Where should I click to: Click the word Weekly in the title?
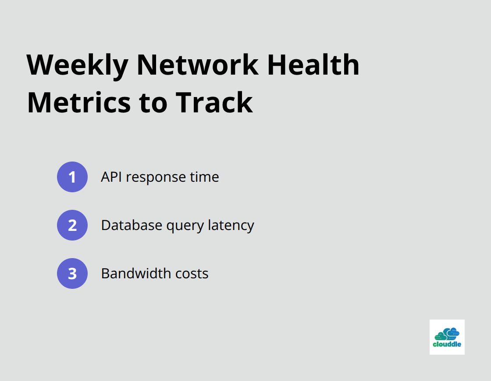pyautogui.click(x=77, y=65)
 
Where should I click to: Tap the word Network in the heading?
pyautogui.click(x=197, y=65)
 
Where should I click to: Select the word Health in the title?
pyautogui.click(x=313, y=65)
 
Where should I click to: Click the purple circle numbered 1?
pyautogui.click(x=72, y=177)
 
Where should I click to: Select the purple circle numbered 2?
pyautogui.click(x=72, y=225)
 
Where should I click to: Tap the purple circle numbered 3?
pyautogui.click(x=72, y=273)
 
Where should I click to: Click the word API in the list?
pyautogui.click(x=112, y=177)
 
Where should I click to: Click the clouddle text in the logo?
pyautogui.click(x=447, y=345)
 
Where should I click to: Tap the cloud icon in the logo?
pyautogui.click(x=447, y=334)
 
